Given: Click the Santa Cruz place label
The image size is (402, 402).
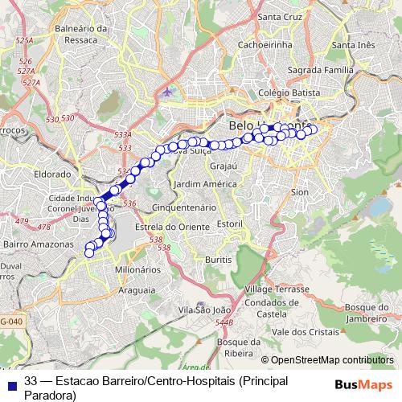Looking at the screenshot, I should click(x=278, y=15).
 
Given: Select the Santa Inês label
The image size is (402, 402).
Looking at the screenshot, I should click(x=354, y=44).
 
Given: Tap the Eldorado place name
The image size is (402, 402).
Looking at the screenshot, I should click(x=53, y=173).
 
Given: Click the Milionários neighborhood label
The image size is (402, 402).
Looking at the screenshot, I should click(x=137, y=269).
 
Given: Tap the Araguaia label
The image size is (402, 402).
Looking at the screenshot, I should click(x=136, y=289).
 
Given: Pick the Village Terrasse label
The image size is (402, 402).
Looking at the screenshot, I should click(x=277, y=289).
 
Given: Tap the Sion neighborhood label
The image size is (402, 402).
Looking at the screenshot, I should click(x=299, y=193).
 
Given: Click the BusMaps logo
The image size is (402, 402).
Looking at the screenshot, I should click(x=363, y=384).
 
